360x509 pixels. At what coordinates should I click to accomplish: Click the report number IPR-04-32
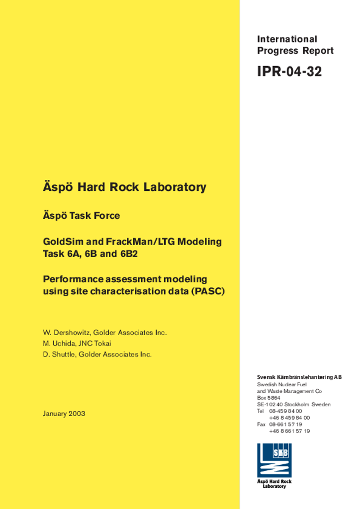click(x=289, y=72)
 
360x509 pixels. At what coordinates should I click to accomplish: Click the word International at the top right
click(x=287, y=39)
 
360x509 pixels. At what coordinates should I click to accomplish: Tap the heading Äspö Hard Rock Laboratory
click(x=124, y=187)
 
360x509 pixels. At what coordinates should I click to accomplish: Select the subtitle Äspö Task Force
click(x=82, y=216)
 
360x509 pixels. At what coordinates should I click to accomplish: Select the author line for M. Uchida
click(x=77, y=343)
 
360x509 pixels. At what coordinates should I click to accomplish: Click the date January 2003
click(x=64, y=414)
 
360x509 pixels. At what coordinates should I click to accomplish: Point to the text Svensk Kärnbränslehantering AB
click(x=299, y=377)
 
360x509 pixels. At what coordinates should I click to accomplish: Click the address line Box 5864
click(x=269, y=398)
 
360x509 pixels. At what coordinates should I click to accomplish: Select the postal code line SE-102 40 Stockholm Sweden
click(x=293, y=405)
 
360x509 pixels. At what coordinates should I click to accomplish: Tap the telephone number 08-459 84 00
click(x=285, y=411)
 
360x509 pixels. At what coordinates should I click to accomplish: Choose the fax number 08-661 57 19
click(x=285, y=424)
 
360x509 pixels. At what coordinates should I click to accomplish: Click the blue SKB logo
click(x=274, y=460)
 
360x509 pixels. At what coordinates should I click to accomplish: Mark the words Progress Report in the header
click(x=295, y=51)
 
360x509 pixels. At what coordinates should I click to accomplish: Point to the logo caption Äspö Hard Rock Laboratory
click(x=274, y=484)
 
